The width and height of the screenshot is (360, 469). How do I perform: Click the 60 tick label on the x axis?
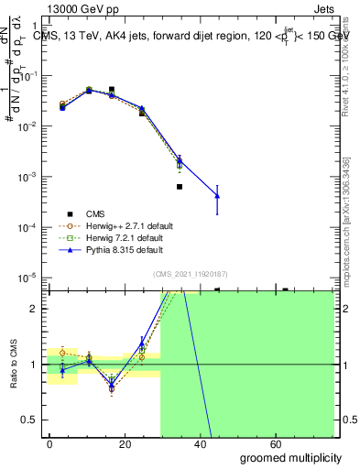pos(277,443)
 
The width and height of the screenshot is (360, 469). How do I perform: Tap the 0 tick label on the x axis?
pos(50,443)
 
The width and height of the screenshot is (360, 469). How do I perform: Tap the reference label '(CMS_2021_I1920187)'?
pos(191,273)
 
